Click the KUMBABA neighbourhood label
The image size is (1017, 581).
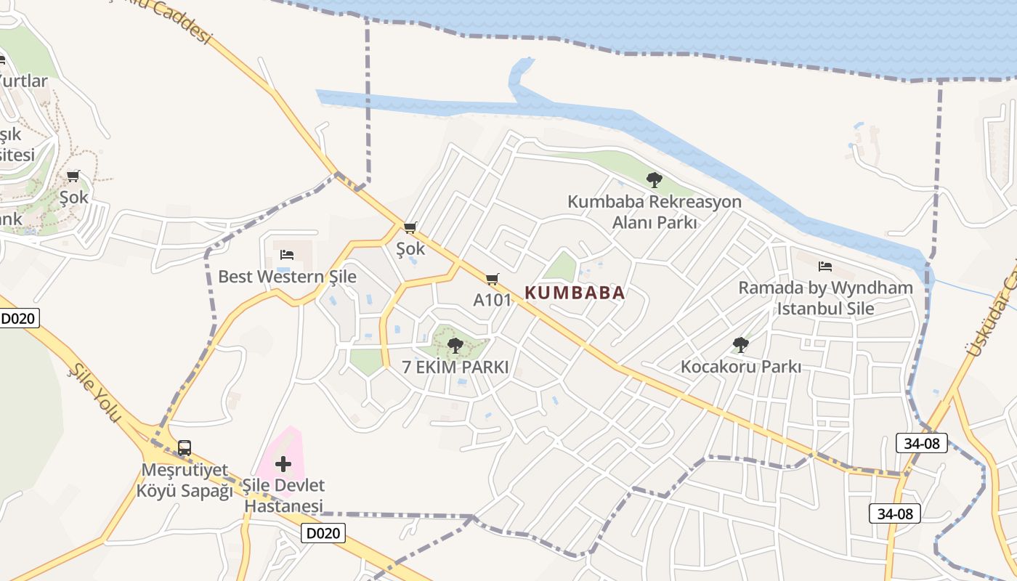[575, 293]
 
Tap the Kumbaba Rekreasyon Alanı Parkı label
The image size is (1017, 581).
[655, 211]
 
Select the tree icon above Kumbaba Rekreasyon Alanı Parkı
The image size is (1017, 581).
[655, 179]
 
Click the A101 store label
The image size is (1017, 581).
[493, 300]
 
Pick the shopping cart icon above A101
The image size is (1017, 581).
[493, 279]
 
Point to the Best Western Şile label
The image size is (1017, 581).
[288, 277]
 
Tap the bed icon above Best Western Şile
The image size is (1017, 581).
[287, 255]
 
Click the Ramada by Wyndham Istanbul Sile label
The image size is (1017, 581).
[826, 298]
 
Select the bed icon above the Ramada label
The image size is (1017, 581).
[825, 267]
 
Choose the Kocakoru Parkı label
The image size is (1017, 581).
[741, 367]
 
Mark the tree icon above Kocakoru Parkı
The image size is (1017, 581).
[741, 344]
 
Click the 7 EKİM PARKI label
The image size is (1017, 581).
[455, 367]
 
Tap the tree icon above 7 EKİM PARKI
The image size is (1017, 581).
[455, 345]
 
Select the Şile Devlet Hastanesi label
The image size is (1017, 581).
[284, 495]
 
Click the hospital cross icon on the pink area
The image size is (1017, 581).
[283, 463]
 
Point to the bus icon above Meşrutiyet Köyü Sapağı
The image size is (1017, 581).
[185, 447]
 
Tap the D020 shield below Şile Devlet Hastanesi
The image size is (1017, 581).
[323, 533]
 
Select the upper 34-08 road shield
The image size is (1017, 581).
[922, 443]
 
